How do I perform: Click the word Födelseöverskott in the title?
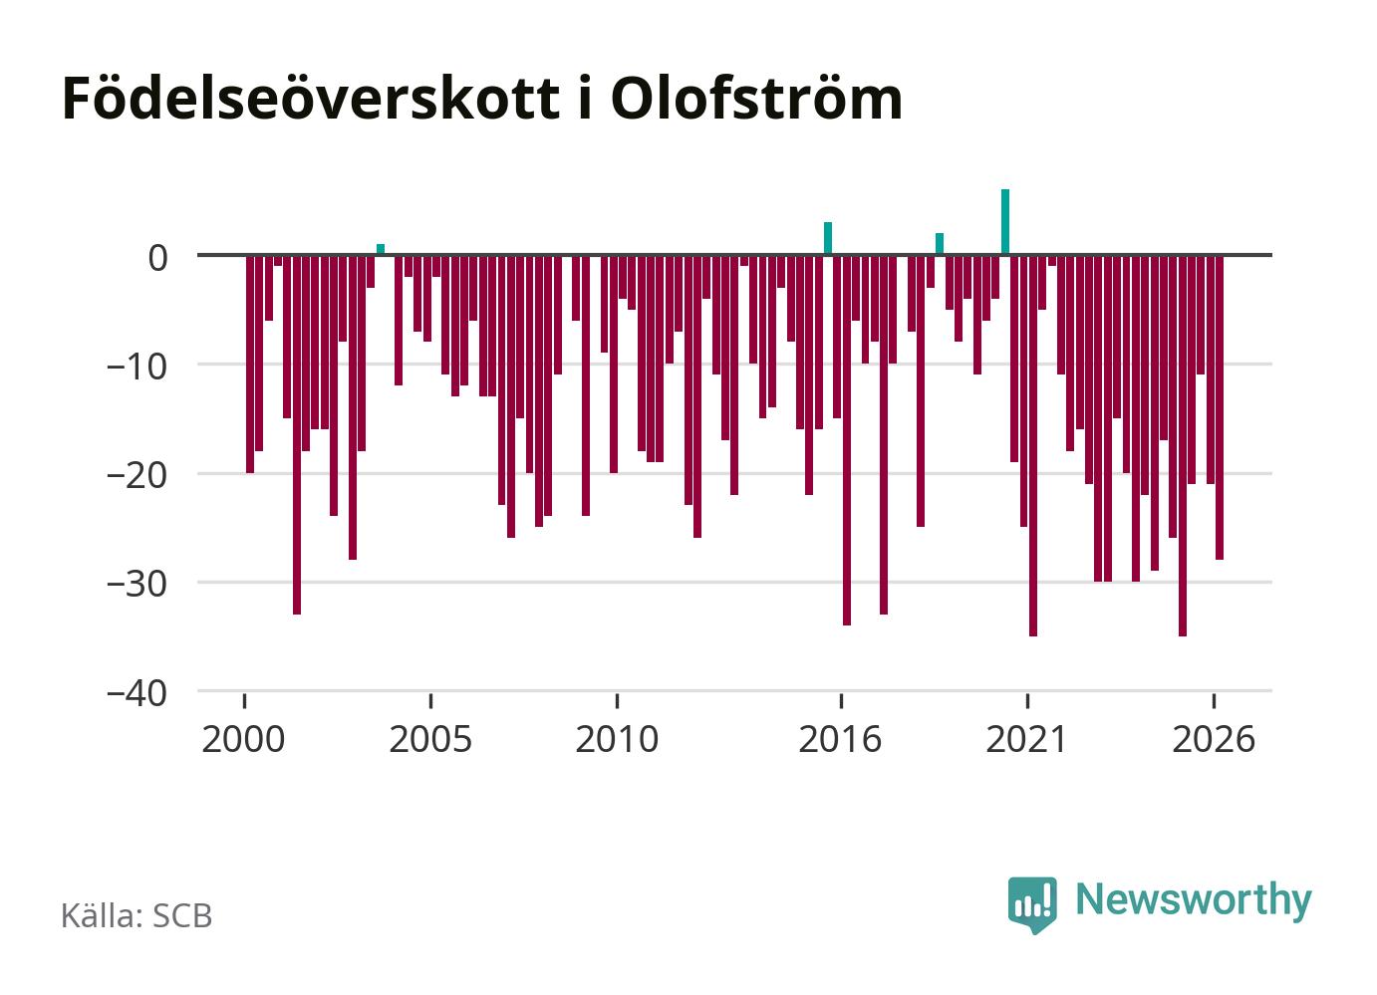[311, 99]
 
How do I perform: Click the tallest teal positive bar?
[1005, 222]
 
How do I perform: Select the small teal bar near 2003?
[381, 249]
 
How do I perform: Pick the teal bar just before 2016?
[828, 238]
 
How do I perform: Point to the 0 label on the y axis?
[158, 258]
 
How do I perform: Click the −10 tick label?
[138, 367]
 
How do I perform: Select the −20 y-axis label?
[138, 476]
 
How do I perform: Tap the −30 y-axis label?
[138, 585]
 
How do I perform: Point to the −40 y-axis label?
[138, 694]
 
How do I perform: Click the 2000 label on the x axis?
[243, 739]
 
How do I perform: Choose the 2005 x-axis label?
[430, 739]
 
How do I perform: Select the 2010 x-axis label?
[617, 739]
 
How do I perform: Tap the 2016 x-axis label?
[840, 739]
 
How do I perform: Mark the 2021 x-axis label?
[1026, 739]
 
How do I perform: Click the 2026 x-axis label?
[1214, 739]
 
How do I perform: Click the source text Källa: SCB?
[137, 915]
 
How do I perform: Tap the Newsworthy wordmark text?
[1194, 901]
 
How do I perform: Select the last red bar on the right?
[1220, 406]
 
